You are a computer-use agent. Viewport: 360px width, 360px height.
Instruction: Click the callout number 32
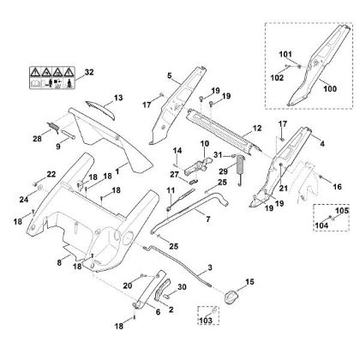pyautogui.click(x=89, y=72)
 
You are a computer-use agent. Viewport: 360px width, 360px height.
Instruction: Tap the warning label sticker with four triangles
pyautogui.click(x=52, y=78)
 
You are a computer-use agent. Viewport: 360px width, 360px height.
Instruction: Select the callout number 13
pyautogui.click(x=118, y=98)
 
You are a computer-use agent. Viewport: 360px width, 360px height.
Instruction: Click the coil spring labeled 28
pyautogui.click(x=53, y=127)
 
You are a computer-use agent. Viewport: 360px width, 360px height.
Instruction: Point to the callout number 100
pyautogui.click(x=330, y=88)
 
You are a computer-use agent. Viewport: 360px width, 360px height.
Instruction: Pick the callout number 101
pyautogui.click(x=285, y=54)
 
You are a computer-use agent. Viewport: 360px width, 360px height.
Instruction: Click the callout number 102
pyautogui.click(x=277, y=78)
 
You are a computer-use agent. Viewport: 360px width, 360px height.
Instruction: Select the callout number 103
pyautogui.click(x=206, y=321)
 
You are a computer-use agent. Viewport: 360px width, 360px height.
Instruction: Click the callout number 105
pyautogui.click(x=342, y=211)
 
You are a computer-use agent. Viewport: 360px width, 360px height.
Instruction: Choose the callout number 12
pyautogui.click(x=257, y=129)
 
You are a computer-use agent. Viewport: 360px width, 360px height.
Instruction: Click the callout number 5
pyautogui.click(x=170, y=75)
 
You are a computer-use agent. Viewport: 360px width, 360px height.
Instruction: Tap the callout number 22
pyautogui.click(x=51, y=174)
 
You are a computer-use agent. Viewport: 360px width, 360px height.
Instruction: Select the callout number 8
pyautogui.click(x=59, y=262)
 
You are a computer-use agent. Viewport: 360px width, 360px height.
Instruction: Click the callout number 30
pyautogui.click(x=182, y=286)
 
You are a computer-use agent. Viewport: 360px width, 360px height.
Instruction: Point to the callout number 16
pyautogui.click(x=337, y=187)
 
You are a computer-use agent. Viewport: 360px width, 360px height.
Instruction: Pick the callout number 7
pyautogui.click(x=208, y=219)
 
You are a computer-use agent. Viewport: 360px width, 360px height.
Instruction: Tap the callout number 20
pyautogui.click(x=128, y=285)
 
